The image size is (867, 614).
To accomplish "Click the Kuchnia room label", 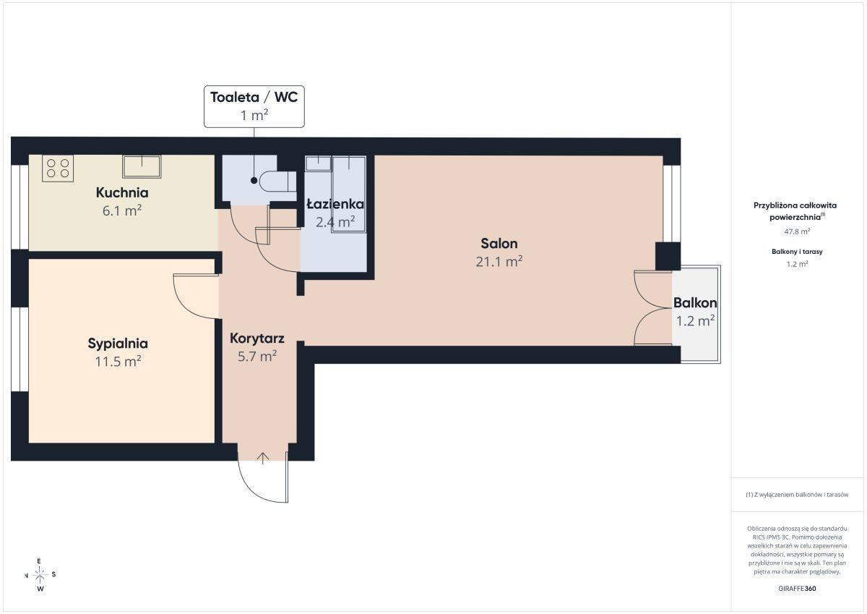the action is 122,192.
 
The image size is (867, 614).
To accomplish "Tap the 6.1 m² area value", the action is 122,210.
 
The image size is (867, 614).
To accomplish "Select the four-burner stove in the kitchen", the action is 58,169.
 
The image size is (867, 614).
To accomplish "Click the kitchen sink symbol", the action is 142,166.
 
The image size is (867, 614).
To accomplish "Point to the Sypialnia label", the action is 118,344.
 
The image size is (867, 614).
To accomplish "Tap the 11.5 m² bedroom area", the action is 118,362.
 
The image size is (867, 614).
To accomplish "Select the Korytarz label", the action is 257,338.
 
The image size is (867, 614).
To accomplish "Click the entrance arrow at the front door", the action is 263,459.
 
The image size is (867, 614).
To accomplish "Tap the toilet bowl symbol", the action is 277,182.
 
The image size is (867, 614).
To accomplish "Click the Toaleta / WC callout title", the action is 254,97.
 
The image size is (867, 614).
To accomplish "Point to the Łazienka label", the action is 335,204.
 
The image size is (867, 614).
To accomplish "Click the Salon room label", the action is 499,244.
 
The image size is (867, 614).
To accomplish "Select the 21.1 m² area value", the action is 499,262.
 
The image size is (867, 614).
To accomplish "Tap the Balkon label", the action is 695,303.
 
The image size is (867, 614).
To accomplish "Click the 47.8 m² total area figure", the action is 797,231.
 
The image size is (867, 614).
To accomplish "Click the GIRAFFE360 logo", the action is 797,589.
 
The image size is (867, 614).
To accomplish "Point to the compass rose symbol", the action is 40,575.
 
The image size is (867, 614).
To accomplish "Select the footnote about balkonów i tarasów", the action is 797,495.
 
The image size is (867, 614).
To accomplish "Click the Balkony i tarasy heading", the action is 797,252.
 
